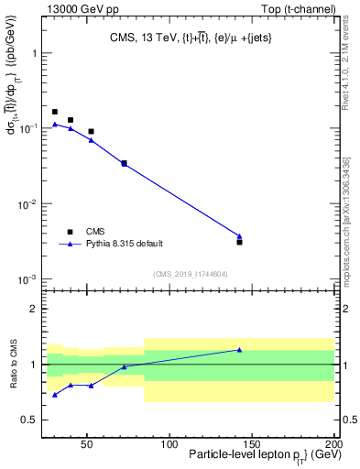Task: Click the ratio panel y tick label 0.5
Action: click(x=29, y=420)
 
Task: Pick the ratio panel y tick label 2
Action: click(x=33, y=309)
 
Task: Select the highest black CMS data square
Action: click(x=55, y=112)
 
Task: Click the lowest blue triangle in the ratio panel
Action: click(x=55, y=395)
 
